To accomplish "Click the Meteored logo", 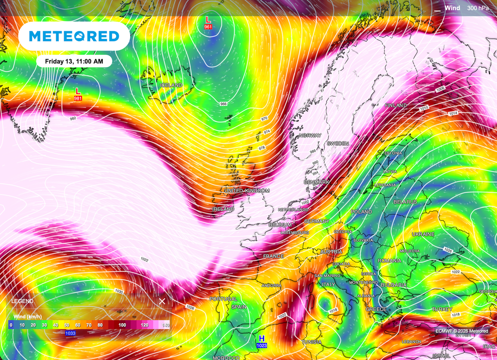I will coord(74,36).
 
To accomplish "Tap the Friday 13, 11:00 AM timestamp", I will coord(74,61).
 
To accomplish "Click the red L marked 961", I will coord(208,20).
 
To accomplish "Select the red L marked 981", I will coord(78,92).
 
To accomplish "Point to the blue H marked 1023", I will coord(262,339).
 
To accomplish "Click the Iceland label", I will coord(171,86).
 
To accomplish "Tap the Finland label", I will coord(396,105).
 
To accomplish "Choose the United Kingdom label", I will coord(247,190).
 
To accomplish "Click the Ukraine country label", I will coord(423,234).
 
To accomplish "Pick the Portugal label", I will coord(223,299).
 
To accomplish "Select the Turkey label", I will coord(442,309).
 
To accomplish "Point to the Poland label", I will coord(362,212).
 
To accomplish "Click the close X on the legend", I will coord(162,301).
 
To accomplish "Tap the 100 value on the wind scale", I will coord(123,325).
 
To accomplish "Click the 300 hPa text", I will coord(479,8).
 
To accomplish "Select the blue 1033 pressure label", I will coord(71,333).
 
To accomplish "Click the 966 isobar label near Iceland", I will coord(223,104).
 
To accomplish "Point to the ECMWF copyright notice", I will coord(462,331).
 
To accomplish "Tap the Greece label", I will coord(376,309).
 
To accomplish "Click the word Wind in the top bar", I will coord(452,8).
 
